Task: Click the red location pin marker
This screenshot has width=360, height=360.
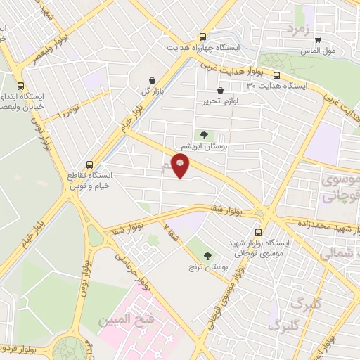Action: (x=181, y=167)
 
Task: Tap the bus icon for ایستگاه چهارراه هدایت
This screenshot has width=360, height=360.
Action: (x=202, y=37)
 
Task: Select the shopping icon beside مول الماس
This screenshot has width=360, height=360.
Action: (x=318, y=40)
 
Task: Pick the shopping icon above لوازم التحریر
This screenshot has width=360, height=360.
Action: (x=221, y=90)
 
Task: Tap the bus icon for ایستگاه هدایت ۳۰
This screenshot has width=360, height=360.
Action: (x=276, y=75)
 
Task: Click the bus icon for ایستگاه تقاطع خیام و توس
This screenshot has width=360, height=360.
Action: (x=89, y=164)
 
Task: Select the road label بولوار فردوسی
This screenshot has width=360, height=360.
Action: (x=21, y=347)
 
